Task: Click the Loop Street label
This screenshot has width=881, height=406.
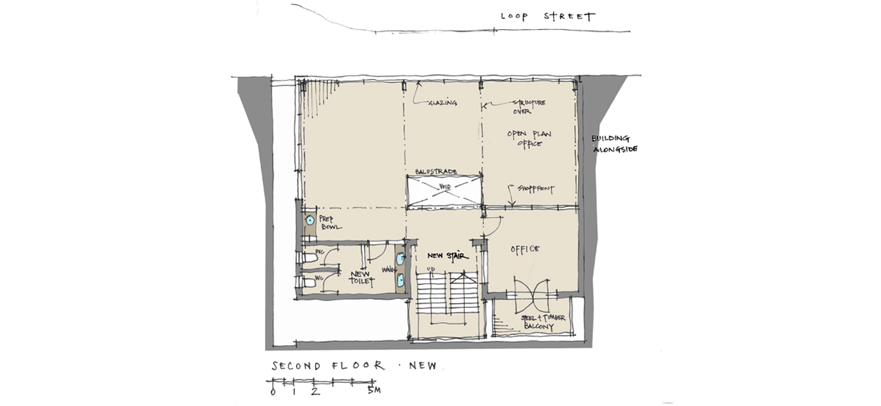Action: click(x=548, y=16)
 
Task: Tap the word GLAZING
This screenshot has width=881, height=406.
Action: click(x=443, y=104)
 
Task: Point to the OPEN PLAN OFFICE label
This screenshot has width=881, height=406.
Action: click(x=529, y=139)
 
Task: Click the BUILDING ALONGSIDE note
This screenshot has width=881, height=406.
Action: click(x=615, y=143)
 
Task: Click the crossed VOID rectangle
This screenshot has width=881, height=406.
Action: click(x=444, y=191)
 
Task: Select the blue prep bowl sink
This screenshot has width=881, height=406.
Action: click(x=310, y=220)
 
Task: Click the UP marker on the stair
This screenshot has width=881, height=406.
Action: click(x=429, y=271)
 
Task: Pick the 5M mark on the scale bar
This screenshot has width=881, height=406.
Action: click(x=374, y=391)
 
